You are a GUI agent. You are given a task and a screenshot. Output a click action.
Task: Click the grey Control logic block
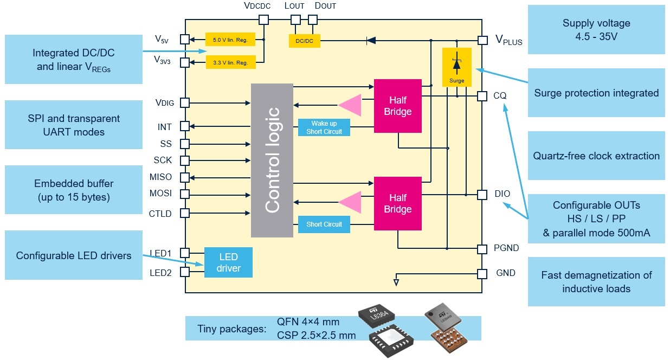point(272,160)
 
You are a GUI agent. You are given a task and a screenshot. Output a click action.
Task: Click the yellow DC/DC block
point(304,40)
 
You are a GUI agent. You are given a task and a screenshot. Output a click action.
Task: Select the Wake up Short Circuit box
point(324,127)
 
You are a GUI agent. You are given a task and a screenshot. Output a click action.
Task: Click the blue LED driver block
point(228,262)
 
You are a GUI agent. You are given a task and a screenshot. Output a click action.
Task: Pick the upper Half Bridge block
point(398,106)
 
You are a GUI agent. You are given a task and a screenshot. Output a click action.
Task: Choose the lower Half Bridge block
point(398,203)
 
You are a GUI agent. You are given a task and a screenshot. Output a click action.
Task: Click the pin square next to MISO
point(185,177)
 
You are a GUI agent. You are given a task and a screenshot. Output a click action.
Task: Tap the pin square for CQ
point(482,96)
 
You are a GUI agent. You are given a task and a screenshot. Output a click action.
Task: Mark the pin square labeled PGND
point(482,249)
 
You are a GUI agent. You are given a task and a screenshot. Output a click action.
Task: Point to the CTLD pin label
point(160,214)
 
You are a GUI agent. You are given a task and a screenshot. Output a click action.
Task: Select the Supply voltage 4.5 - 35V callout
point(596,30)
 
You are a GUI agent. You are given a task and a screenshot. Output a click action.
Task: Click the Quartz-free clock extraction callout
point(596,156)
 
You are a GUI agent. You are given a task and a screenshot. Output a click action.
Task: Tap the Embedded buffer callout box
point(73,190)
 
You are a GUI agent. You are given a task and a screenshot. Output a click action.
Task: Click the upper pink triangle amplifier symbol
point(350,105)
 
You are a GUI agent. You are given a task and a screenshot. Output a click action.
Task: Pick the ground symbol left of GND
point(396,281)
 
